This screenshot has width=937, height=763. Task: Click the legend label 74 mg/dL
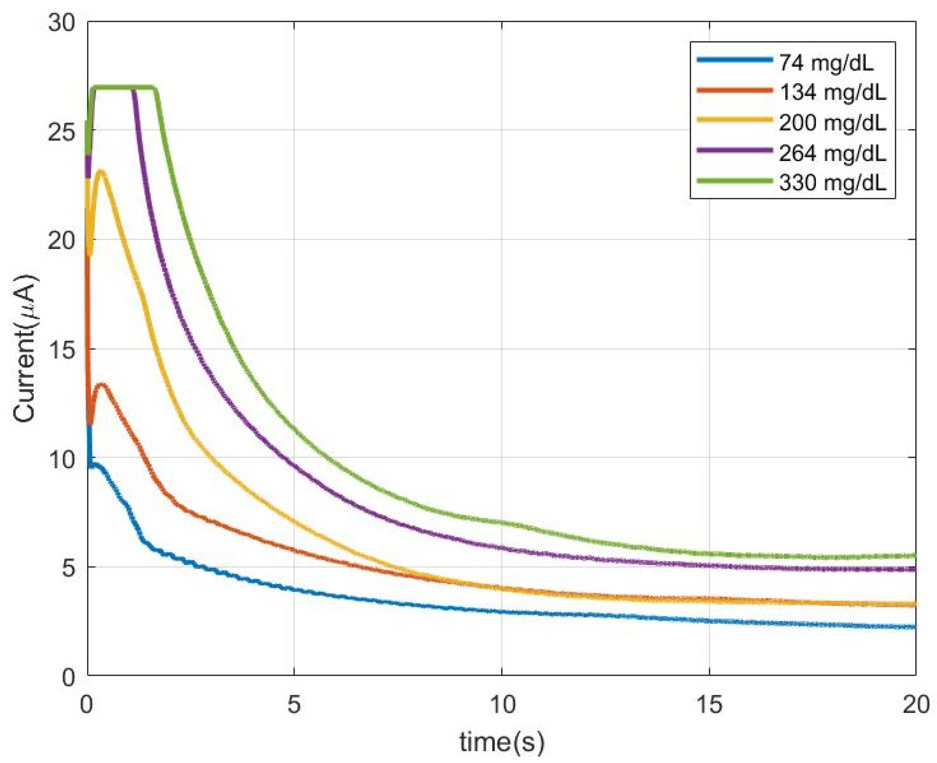pyautogui.click(x=826, y=64)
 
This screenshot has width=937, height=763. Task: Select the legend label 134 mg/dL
pyautogui.click(x=832, y=93)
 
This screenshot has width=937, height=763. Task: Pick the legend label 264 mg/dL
pyautogui.click(x=832, y=154)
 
